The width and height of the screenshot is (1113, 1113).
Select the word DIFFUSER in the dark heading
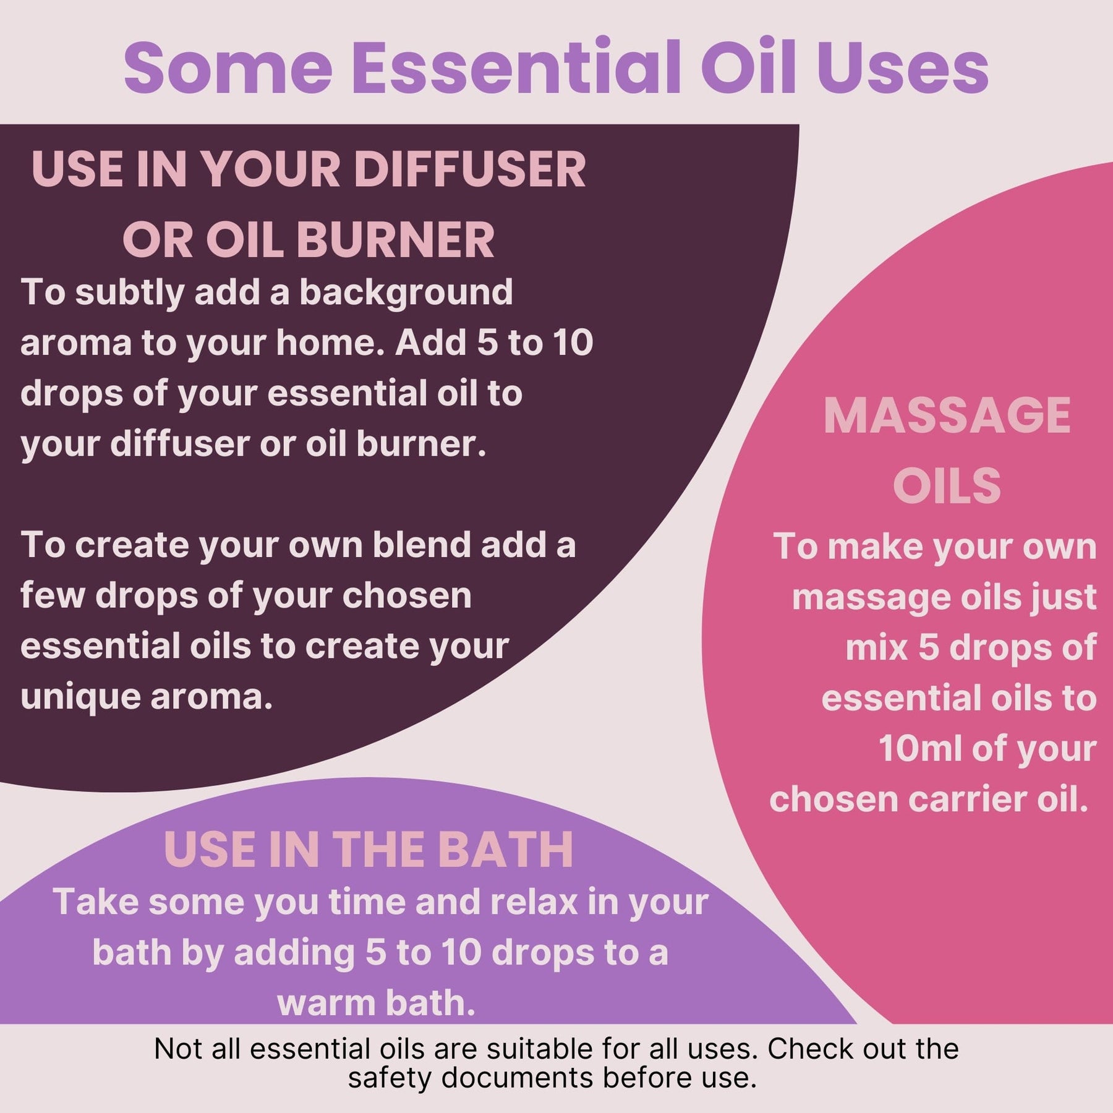pyautogui.click(x=469, y=169)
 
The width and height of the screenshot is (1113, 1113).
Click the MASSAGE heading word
pyautogui.click(x=947, y=416)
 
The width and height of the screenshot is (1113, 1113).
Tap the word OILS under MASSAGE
pyautogui.click(x=947, y=486)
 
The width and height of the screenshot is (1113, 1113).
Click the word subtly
pyautogui.click(x=129, y=293)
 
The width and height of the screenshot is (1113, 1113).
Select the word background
pyautogui.click(x=406, y=293)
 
